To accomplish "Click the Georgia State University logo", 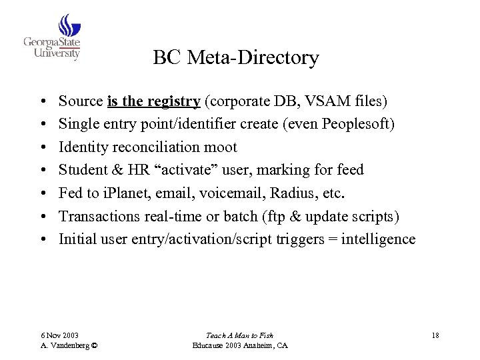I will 53,38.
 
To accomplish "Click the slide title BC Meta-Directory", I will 235,58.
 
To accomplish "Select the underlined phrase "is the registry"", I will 153,101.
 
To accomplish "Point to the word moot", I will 220,147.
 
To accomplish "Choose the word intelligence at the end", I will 378,239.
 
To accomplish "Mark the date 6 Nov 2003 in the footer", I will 59,335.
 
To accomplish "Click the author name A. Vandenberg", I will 65,345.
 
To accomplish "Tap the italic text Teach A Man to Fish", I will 239,335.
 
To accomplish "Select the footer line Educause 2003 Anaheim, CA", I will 239,345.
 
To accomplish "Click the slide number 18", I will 435,335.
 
